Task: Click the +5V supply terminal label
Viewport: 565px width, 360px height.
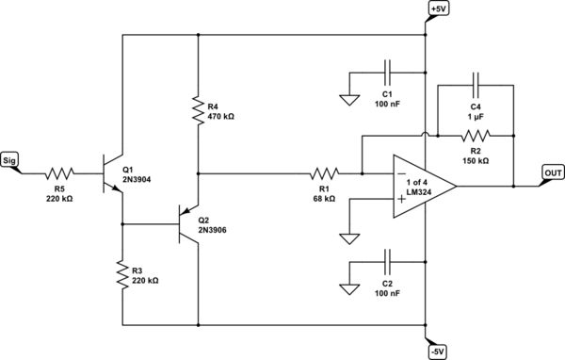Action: click(x=439, y=9)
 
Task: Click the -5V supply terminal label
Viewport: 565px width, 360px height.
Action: click(x=439, y=351)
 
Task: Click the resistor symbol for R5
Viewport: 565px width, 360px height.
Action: click(x=59, y=173)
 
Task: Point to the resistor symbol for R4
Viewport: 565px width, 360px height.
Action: click(x=198, y=108)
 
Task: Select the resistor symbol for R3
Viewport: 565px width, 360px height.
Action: click(x=122, y=274)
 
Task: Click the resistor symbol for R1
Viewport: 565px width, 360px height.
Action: click(x=324, y=173)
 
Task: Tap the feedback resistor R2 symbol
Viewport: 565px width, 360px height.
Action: click(x=476, y=135)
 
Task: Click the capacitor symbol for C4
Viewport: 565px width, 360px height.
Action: click(x=476, y=84)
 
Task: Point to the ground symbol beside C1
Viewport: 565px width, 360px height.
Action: click(x=348, y=97)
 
